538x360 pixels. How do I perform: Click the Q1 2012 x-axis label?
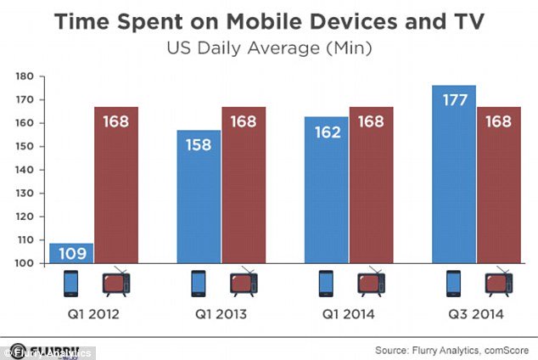point(95,314)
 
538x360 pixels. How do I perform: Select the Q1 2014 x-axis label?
point(348,314)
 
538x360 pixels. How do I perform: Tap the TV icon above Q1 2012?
point(117,283)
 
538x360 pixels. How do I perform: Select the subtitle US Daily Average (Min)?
point(268,49)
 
